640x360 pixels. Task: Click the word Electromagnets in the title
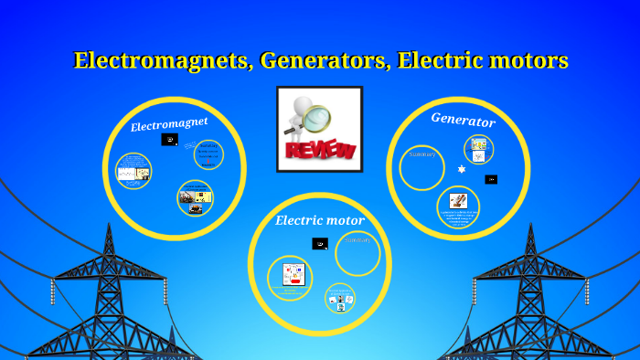pos(162,61)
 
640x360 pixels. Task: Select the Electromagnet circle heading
pos(169,123)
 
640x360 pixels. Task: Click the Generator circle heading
pos(463,120)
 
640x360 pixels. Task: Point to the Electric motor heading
pos(320,220)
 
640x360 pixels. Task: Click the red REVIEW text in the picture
pos(320,149)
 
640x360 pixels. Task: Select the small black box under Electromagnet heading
pos(169,140)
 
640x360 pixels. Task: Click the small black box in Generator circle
pos(491,179)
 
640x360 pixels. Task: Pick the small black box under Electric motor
pos(320,244)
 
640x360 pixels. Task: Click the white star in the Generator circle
pos(462,170)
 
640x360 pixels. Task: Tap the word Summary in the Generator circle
pos(422,154)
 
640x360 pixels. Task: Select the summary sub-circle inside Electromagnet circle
pos(208,154)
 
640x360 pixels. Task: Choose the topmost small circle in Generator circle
pos(478,149)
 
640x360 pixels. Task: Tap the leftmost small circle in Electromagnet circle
pos(133,171)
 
